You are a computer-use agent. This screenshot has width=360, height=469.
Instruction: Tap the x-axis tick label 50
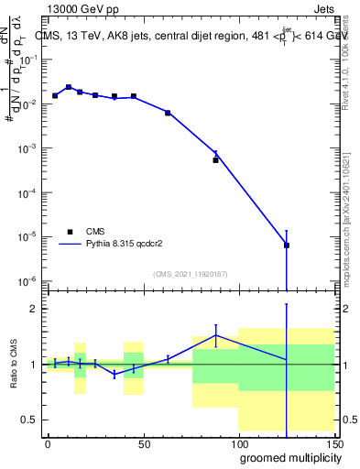tap(143, 443)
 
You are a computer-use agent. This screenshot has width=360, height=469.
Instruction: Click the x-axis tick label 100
tap(238, 443)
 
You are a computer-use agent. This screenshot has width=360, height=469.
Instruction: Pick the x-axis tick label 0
tap(48, 443)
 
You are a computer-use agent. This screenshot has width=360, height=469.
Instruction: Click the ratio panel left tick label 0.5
tap(31, 420)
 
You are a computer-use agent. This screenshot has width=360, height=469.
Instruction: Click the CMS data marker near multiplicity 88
tap(216, 159)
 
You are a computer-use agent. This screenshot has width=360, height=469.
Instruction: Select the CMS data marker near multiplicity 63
tap(168, 113)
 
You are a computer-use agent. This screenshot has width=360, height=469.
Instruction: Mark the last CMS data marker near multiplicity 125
tap(287, 245)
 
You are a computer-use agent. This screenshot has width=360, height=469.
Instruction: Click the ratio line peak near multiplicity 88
tap(216, 335)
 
